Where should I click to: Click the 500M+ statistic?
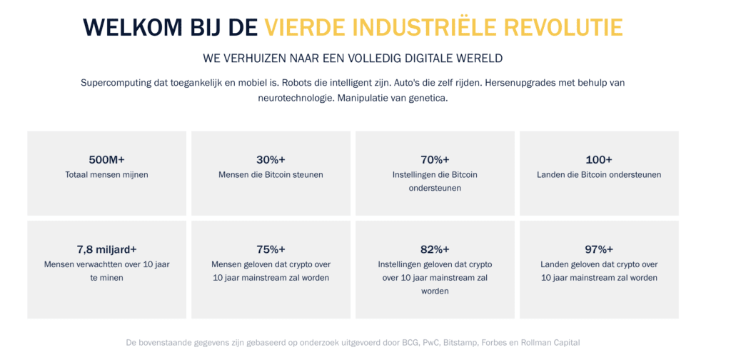(x=106, y=159)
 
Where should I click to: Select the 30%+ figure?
(x=271, y=159)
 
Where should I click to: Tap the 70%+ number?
(x=435, y=159)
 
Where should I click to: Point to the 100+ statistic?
(x=599, y=159)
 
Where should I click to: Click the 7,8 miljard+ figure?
(x=106, y=249)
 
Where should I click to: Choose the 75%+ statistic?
(x=271, y=249)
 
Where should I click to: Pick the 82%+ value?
(x=435, y=249)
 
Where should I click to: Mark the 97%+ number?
(x=599, y=249)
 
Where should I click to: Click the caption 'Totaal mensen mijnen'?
(x=106, y=174)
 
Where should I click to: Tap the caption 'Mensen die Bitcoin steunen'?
(x=271, y=174)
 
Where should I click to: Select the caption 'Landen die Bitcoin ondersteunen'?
(x=599, y=174)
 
